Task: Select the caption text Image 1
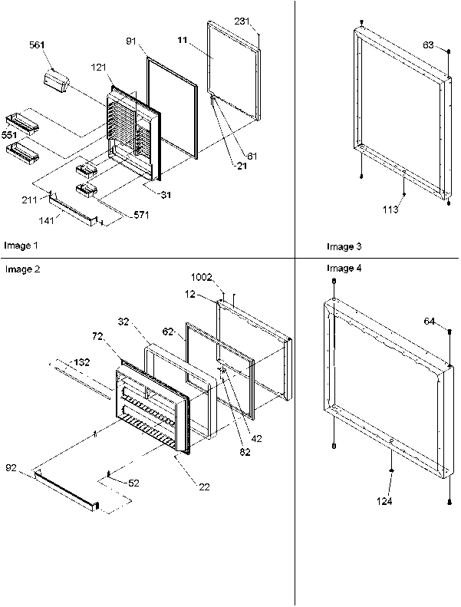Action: click(x=21, y=246)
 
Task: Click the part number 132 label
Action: click(x=83, y=361)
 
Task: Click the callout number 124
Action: click(x=384, y=501)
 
